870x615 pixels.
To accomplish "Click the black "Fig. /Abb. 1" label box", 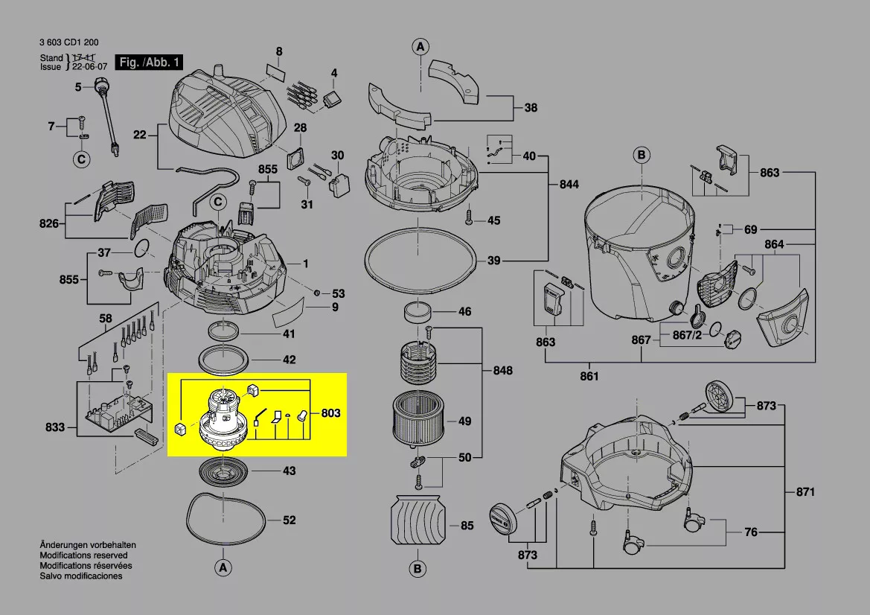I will click(x=149, y=63).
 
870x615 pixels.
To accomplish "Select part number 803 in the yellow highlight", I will click(x=330, y=412).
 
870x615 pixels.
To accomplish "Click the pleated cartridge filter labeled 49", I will click(x=415, y=421).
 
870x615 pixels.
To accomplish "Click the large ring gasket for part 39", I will click(x=420, y=260).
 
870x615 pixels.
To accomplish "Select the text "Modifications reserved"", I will click(x=83, y=555).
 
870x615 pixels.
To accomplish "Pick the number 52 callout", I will click(x=290, y=520).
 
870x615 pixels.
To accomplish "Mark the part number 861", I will click(x=589, y=376).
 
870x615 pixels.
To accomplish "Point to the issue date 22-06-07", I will click(x=88, y=67).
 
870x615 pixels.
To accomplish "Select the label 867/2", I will click(x=687, y=335).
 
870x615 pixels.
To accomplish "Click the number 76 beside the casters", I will click(x=752, y=532).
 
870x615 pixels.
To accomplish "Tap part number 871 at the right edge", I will click(x=805, y=492).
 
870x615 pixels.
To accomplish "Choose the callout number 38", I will click(x=530, y=108).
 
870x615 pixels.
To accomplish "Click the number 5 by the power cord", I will click(x=77, y=88).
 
